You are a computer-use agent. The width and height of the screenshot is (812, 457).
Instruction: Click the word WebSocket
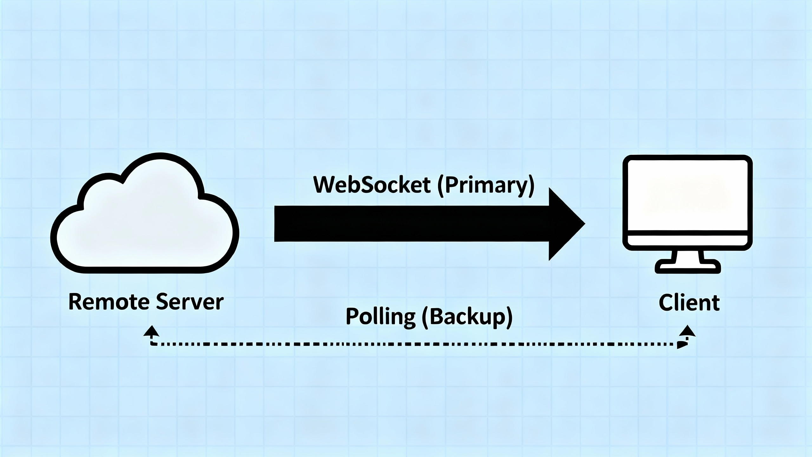(x=372, y=185)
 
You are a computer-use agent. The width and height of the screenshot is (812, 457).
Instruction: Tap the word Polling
(x=380, y=317)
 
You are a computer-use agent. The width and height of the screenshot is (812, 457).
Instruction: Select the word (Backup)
(x=467, y=317)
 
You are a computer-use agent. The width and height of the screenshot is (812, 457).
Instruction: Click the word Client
(x=689, y=303)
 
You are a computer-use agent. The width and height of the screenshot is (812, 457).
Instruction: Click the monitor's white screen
(x=688, y=195)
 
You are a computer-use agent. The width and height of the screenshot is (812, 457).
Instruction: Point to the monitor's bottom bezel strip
(x=688, y=240)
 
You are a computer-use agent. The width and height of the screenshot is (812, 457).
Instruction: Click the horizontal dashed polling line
(x=412, y=344)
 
